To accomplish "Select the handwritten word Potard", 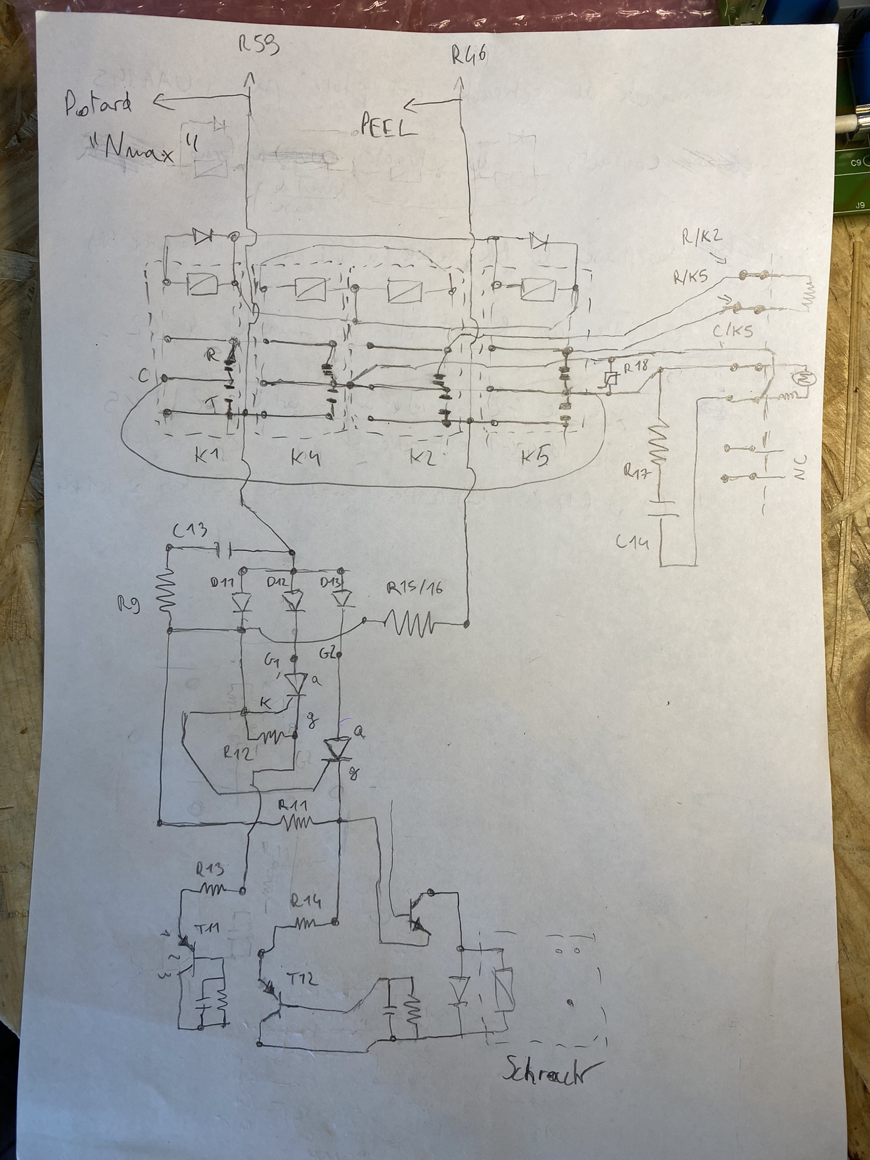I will pos(98,105).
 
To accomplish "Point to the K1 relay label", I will pos(208,456).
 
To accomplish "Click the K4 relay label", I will pos(306,457).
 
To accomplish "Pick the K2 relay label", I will pos(421,457).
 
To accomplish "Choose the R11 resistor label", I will pos(294,805).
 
